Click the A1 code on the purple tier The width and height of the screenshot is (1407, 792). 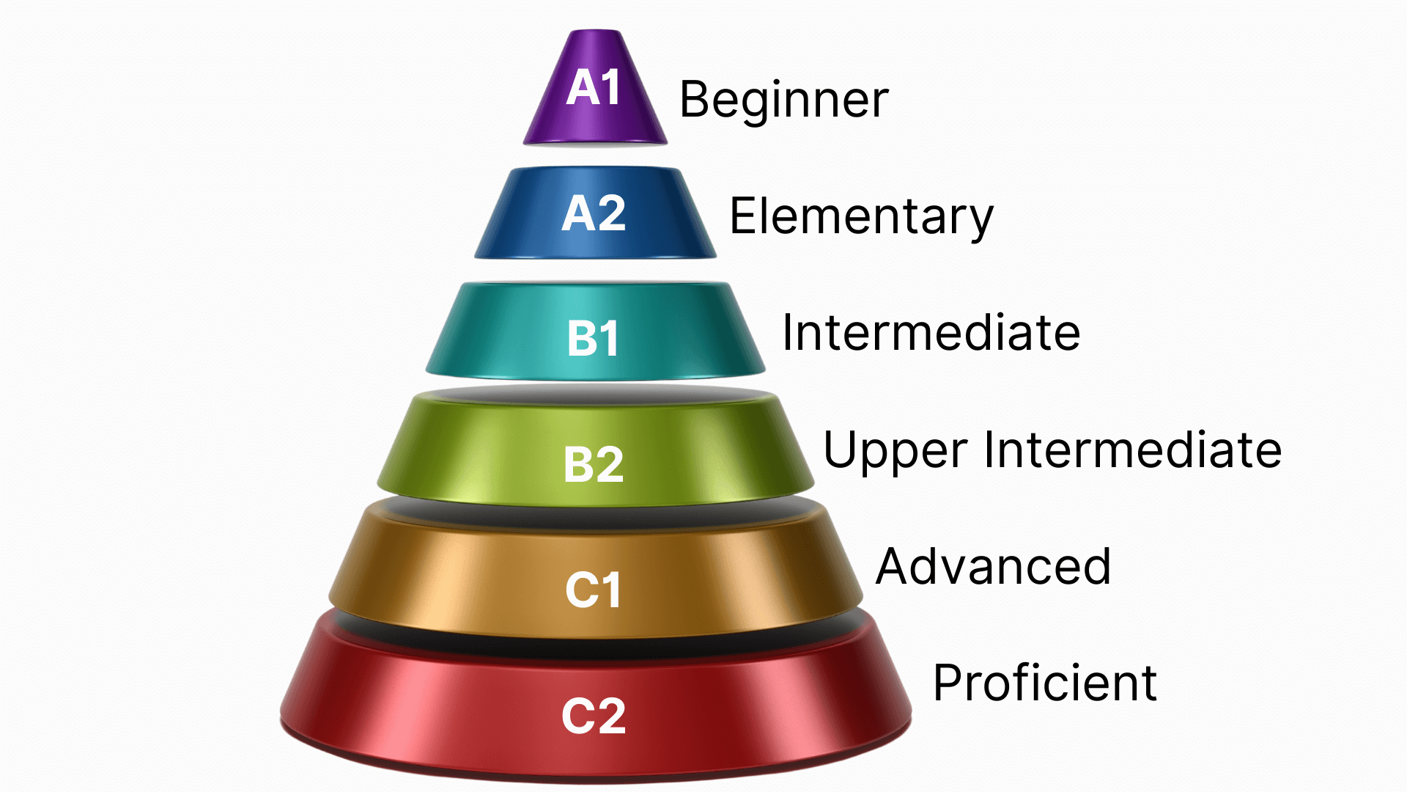[x=594, y=88]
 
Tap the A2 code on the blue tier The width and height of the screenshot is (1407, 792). [x=594, y=214]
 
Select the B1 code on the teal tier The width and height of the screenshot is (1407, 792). [x=594, y=339]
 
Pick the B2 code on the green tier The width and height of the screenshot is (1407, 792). [x=594, y=464]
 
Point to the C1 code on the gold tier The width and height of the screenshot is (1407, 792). [x=594, y=590]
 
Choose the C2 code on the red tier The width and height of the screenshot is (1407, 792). [x=594, y=716]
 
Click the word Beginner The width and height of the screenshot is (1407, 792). [x=784, y=100]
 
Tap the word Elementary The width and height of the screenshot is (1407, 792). [x=861, y=217]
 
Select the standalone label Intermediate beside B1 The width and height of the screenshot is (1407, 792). [x=931, y=333]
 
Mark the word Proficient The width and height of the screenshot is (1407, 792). [x=1045, y=683]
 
